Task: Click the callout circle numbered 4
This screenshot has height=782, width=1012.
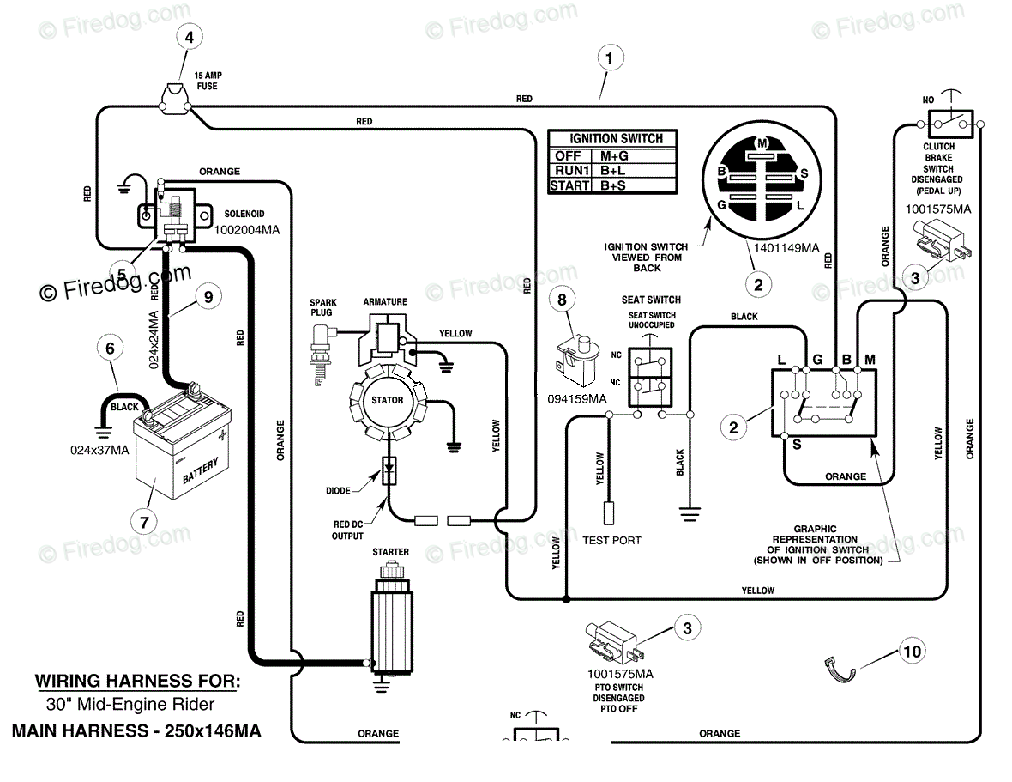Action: point(189,38)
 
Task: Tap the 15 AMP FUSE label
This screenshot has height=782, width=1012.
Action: point(208,81)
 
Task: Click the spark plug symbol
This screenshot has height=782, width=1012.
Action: point(321,354)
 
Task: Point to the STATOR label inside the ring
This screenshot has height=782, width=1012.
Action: point(388,400)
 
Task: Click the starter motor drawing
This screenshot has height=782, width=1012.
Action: point(390,619)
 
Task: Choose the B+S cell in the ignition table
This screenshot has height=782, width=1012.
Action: point(612,186)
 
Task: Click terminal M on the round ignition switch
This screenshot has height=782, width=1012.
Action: point(762,143)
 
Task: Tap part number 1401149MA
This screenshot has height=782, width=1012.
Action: point(786,248)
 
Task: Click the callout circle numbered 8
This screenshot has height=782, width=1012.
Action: point(562,300)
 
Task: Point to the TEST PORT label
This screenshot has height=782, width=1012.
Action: point(611,541)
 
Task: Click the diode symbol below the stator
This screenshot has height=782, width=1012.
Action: point(389,470)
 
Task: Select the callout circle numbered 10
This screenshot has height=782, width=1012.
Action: point(912,651)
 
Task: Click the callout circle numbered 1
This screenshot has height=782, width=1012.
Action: point(609,58)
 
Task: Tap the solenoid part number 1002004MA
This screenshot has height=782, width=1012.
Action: point(246,230)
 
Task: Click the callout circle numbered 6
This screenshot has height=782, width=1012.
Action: point(111,349)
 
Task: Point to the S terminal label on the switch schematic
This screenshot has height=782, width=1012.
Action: point(797,445)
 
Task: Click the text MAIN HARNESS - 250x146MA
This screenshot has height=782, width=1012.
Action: point(136,731)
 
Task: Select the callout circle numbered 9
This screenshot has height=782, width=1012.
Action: point(208,297)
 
